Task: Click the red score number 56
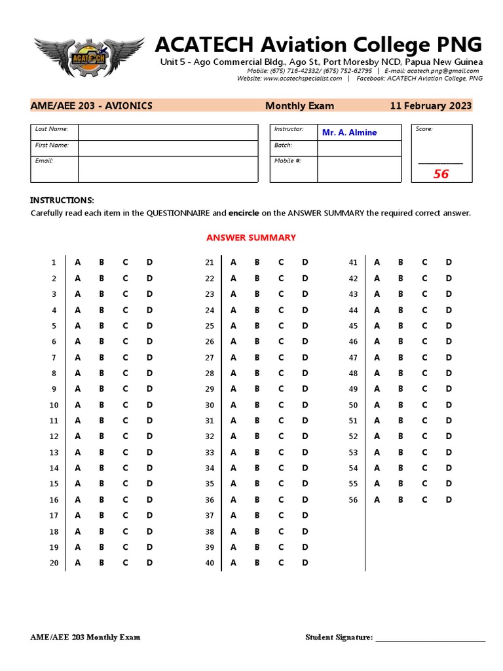pos(441,174)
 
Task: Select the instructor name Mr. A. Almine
pos(349,132)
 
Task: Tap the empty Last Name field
pos(168,132)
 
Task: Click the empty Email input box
pos(168,169)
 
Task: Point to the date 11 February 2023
pos(430,105)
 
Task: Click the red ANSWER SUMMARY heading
pos(251,237)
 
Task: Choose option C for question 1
pos(125,262)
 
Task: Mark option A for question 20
pos(78,562)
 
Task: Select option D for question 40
pos(305,562)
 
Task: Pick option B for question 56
pos(400,499)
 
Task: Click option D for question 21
pos(305,262)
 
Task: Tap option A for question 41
pos(377,262)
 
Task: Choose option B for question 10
pos(102,405)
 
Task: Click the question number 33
pos(210,452)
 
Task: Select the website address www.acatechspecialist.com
pos(303,78)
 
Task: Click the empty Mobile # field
pos(359,169)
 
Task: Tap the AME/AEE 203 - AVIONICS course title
pos(92,105)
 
